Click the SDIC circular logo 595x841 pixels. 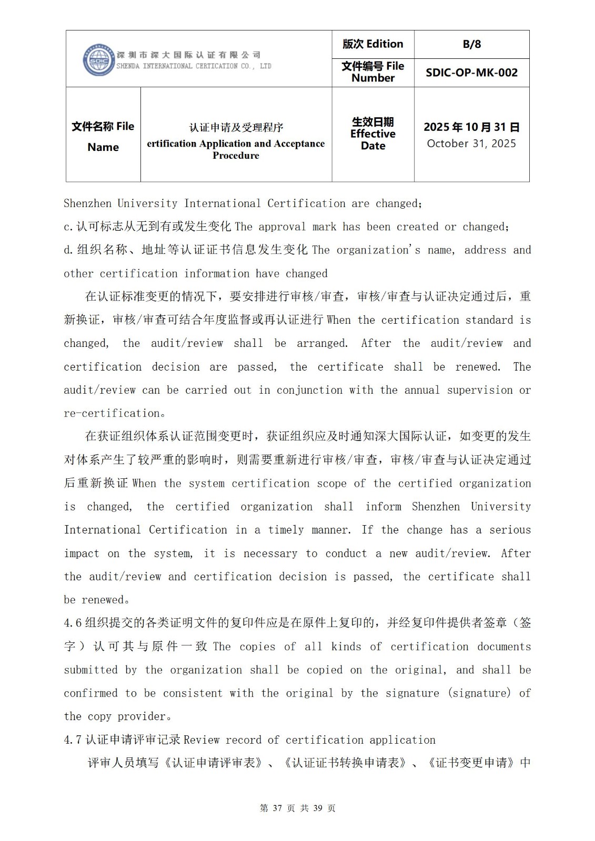click(x=98, y=60)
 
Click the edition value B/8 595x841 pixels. click(x=471, y=44)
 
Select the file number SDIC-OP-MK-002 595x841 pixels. click(x=471, y=73)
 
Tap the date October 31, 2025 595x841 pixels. click(x=471, y=143)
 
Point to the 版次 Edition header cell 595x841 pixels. click(x=372, y=44)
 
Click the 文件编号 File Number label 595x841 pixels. click(x=372, y=72)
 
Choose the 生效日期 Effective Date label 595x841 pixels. click(x=372, y=134)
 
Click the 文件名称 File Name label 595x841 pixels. click(x=103, y=136)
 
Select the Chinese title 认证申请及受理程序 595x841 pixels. click(x=236, y=127)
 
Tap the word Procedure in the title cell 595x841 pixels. click(x=236, y=156)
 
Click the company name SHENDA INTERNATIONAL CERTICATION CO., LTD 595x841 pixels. click(x=194, y=66)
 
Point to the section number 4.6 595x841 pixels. click(x=73, y=623)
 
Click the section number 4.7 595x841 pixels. click(x=73, y=740)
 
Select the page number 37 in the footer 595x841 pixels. click(x=278, y=808)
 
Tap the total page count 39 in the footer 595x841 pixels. click(x=317, y=808)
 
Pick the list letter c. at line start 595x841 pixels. click(x=68, y=227)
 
